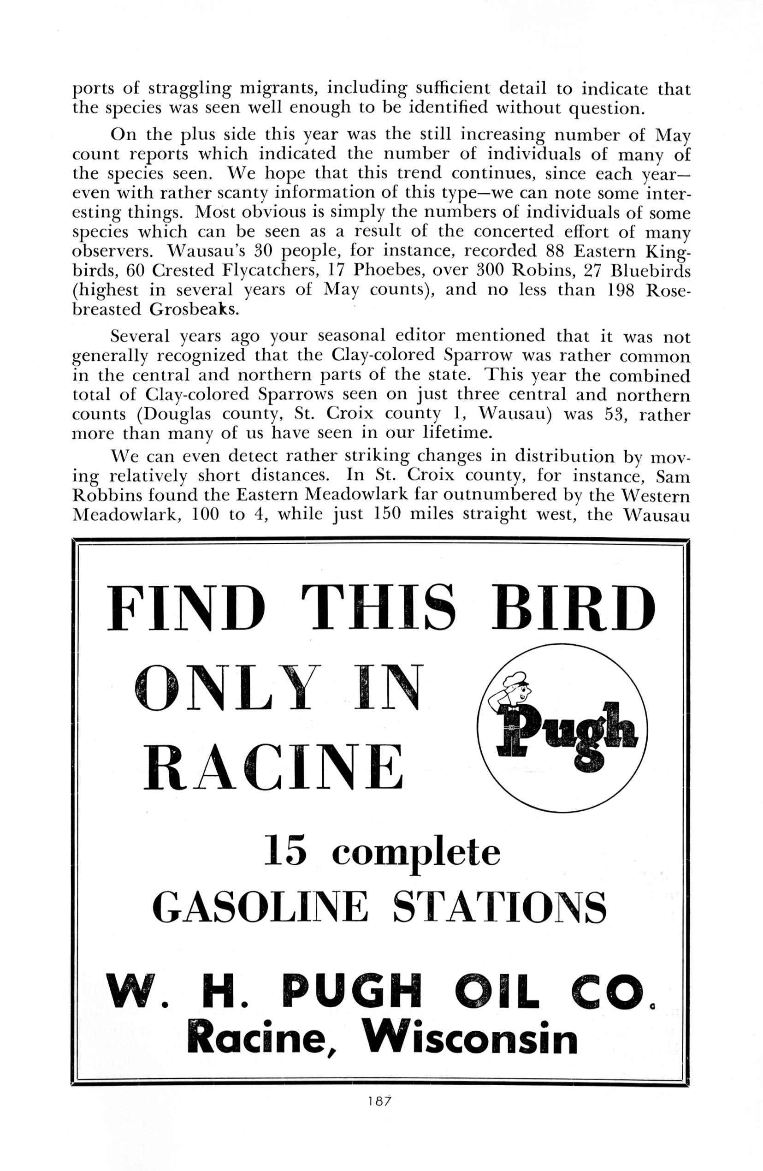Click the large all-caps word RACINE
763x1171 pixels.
pos(273,767)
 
